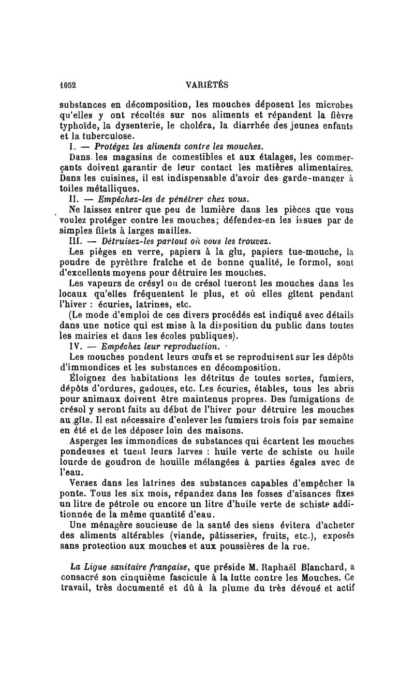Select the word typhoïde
click(78, 125)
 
